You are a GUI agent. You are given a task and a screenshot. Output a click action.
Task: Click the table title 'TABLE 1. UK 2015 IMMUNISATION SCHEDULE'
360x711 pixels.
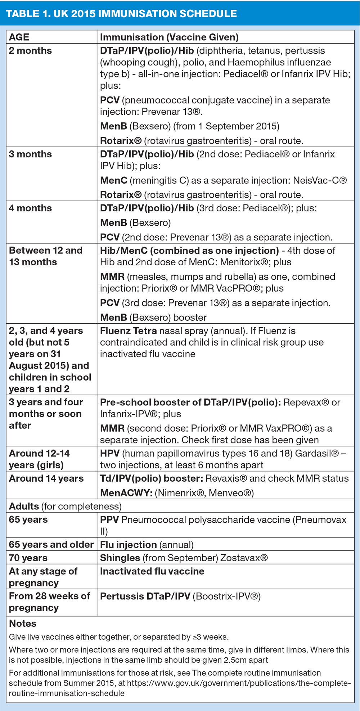click(122, 14)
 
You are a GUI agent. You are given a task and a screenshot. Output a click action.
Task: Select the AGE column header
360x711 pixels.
click(19, 37)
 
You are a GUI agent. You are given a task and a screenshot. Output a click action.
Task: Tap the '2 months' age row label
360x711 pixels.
click(30, 51)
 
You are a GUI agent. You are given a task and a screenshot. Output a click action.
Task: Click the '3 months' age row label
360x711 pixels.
click(30, 154)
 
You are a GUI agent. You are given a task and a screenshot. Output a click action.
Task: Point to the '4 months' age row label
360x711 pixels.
click(30, 208)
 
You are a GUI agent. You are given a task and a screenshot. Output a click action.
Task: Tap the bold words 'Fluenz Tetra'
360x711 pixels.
click(128, 331)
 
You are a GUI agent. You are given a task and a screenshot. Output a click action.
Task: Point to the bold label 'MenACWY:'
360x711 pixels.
click(126, 493)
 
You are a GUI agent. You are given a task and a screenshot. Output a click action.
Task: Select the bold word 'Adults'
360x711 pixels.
click(24, 506)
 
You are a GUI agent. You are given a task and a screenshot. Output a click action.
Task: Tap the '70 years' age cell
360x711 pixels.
click(28, 558)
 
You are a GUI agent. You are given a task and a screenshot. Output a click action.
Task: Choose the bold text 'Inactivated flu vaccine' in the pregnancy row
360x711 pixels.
click(152, 571)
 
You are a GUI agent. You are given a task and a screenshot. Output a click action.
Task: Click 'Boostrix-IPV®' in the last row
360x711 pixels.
click(226, 596)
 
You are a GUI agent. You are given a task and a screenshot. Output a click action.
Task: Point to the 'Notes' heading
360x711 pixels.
click(23, 624)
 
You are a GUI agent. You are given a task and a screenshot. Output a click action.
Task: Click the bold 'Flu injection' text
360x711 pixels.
click(128, 545)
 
